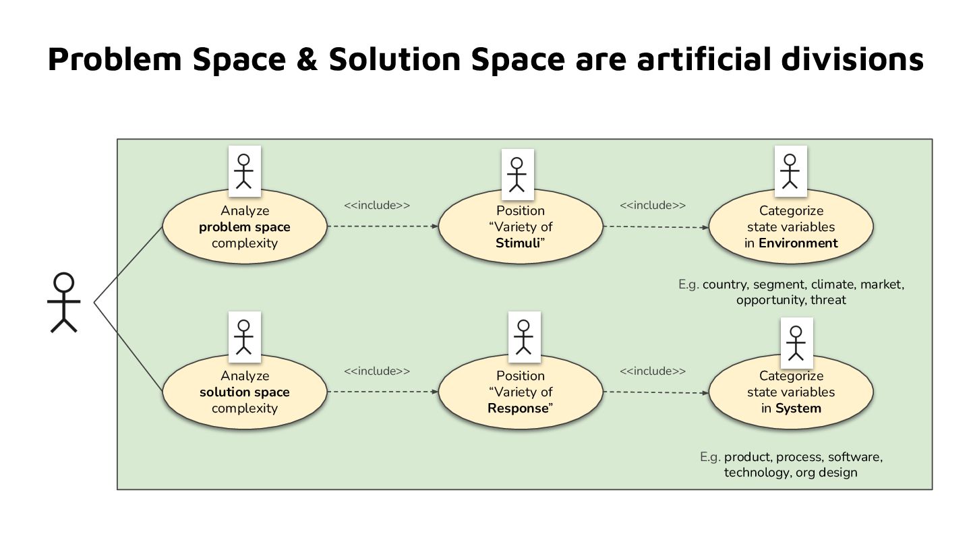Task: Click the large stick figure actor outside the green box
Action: [64, 303]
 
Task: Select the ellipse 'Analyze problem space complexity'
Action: [244, 227]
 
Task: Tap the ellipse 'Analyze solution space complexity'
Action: [244, 392]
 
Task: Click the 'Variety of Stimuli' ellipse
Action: [520, 227]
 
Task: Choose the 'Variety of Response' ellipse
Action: [520, 392]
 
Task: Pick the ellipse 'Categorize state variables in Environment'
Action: [791, 227]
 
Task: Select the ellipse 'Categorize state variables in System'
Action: [791, 392]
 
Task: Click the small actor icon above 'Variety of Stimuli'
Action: [517, 173]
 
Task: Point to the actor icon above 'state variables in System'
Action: [796, 342]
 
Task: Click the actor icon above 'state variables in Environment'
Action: [790, 171]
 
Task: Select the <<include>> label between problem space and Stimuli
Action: [377, 206]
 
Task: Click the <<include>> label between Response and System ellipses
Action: [653, 371]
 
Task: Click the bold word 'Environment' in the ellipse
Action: [798, 243]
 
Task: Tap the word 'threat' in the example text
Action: [828, 300]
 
